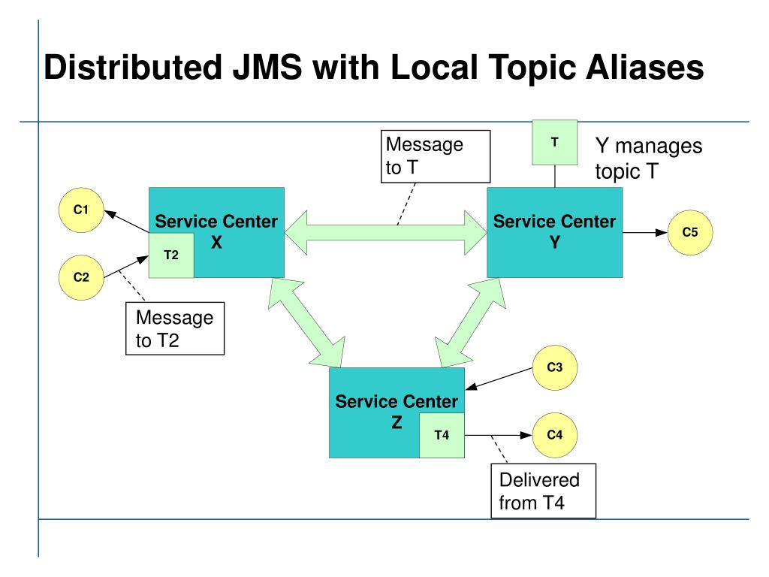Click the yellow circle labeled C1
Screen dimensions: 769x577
pyautogui.click(x=81, y=210)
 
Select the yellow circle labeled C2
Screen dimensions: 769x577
pyautogui.click(x=81, y=277)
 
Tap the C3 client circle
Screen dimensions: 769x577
pyautogui.click(x=555, y=367)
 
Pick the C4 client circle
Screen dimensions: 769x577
pyautogui.click(x=555, y=435)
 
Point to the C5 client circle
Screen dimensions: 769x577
pyautogui.click(x=690, y=233)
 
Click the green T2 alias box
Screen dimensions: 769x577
pyautogui.click(x=171, y=255)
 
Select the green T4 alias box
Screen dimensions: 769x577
pyautogui.click(x=442, y=435)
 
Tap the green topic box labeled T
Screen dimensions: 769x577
pyautogui.click(x=555, y=142)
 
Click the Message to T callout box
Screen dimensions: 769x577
pyautogui.click(x=436, y=156)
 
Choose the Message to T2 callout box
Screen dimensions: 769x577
pyautogui.click(x=175, y=328)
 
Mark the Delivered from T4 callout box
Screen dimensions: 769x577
pyautogui.click(x=544, y=491)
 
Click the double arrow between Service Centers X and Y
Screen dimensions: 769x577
pyautogui.click(x=385, y=233)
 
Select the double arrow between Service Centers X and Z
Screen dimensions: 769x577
pyautogui.click(x=306, y=323)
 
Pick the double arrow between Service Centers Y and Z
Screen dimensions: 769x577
pyautogui.click(x=470, y=323)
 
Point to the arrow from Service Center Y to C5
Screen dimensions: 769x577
pyautogui.click(x=645, y=233)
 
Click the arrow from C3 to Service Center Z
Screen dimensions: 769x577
pyautogui.click(x=499, y=379)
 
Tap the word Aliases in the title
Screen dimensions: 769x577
pyautogui.click(x=645, y=67)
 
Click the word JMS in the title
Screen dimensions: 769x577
pyautogui.click(x=267, y=67)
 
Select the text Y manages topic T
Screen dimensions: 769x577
pyautogui.click(x=649, y=159)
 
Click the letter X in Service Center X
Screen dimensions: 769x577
pyautogui.click(x=216, y=243)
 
